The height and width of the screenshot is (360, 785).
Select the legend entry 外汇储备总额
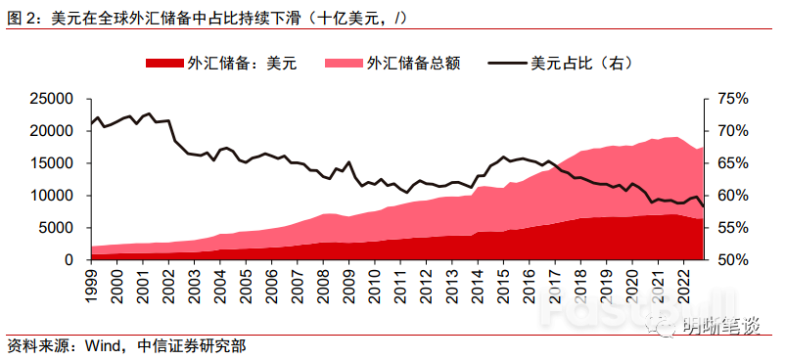click(412, 64)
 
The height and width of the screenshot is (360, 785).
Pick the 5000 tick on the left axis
click(58, 228)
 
